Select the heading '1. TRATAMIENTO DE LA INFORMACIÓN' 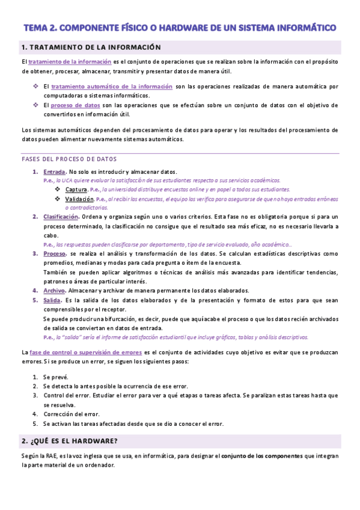click(91, 47)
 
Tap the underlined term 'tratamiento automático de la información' click(112, 87)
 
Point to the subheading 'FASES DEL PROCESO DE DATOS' click(69, 159)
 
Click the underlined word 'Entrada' click(55, 171)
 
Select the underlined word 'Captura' click(76, 189)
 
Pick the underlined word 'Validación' click(80, 198)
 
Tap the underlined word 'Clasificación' click(61, 217)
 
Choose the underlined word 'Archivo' click(54, 290)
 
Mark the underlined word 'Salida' click(52, 300)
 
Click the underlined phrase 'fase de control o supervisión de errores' click(85, 352)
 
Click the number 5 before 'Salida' click(35, 300)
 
